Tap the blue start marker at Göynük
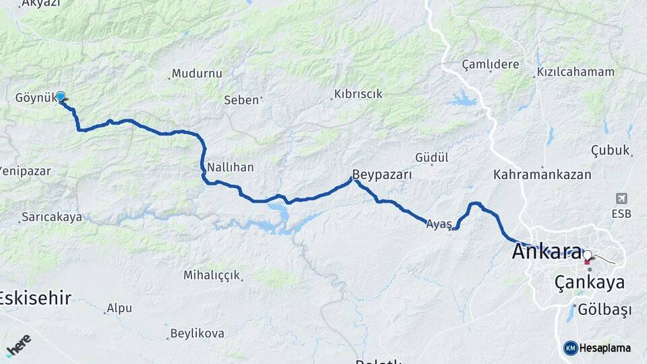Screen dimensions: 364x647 coord(61,96)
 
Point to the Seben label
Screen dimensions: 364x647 coord(241,100)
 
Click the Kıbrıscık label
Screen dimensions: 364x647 coord(358,94)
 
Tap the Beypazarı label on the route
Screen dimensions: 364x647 coord(381,173)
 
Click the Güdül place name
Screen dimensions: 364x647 coord(432,156)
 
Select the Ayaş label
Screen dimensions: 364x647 coord(438,224)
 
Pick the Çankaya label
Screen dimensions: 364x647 coord(589,282)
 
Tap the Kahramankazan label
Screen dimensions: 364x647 coord(542,175)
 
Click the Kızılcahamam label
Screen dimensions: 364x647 coord(576,71)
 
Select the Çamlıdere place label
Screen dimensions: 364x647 coord(491,64)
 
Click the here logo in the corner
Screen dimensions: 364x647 coord(18,345)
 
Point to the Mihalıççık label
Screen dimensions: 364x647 coord(211,275)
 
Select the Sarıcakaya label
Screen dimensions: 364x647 coord(52,217)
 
